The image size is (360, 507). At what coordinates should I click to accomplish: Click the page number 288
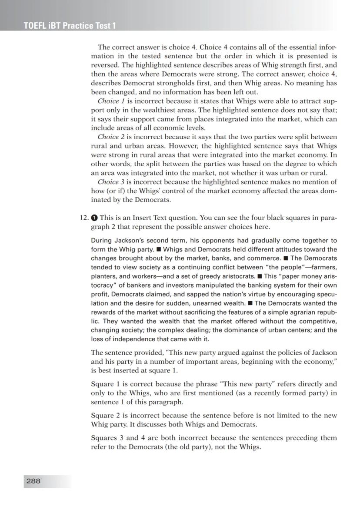pos(33,481)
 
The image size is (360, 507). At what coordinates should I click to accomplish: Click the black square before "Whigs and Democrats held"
pos(159,249)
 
